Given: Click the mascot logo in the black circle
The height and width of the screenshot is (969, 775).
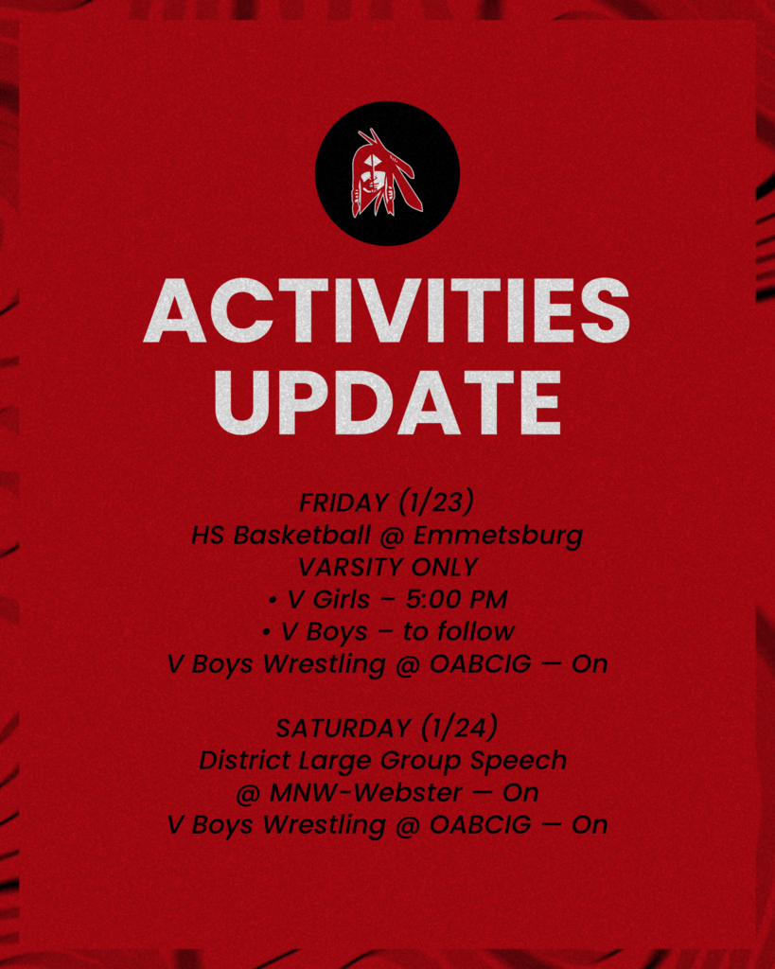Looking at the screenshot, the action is coord(387,173).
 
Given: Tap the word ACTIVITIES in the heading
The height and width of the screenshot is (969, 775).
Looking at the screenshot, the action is coord(387,310).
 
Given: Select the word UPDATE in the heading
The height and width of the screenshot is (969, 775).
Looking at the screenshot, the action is coord(387,402).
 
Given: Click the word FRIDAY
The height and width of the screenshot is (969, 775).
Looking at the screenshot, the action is coord(343,503).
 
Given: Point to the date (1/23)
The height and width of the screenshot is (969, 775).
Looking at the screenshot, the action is coord(436,502).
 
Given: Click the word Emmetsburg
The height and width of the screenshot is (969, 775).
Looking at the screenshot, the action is coord(498,536).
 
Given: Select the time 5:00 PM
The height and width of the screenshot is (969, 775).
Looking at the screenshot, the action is coord(457,599).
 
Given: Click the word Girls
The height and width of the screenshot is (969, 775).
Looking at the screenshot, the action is coord(341,599).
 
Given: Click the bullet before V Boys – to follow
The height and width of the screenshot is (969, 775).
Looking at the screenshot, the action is coord(266,633).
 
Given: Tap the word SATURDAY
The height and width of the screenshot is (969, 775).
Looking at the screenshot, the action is coord(343,729).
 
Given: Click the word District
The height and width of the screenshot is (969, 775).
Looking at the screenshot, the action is coord(245,760).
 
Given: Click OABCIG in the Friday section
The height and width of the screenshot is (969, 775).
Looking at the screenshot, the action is coord(480,664).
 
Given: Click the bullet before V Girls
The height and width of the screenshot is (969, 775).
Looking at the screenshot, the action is coord(273,600).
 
